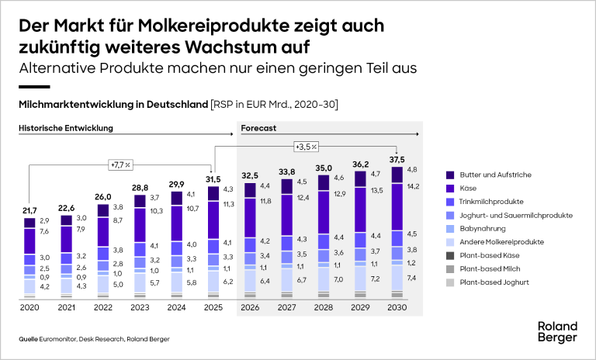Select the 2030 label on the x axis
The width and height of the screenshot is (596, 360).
[397, 307]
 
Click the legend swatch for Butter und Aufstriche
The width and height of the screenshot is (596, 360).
[451, 175]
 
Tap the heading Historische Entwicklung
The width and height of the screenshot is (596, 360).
[66, 127]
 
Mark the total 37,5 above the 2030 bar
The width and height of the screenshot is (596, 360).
[397, 160]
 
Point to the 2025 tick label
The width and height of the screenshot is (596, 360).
[213, 307]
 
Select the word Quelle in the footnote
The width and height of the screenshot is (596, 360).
[29, 339]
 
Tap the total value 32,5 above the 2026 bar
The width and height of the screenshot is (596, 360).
[250, 176]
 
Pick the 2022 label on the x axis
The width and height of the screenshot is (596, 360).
[102, 307]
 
